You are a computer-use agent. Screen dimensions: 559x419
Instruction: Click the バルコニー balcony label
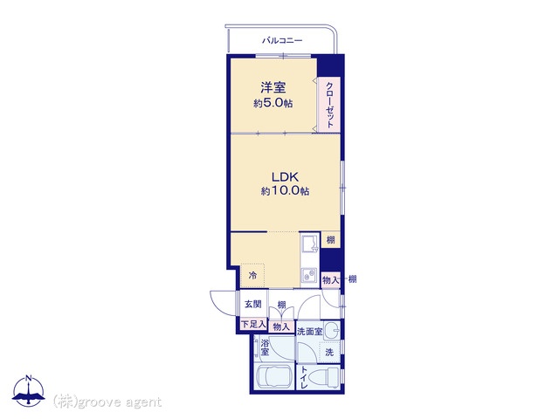[282, 40]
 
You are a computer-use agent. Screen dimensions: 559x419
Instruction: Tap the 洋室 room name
[273, 87]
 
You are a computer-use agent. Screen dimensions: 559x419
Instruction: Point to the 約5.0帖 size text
[273, 103]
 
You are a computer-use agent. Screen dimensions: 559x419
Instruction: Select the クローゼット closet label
[330, 105]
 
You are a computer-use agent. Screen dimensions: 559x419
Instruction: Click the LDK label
[285, 176]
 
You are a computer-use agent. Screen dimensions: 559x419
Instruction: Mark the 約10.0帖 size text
[285, 191]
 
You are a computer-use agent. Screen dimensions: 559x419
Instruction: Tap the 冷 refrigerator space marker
[252, 275]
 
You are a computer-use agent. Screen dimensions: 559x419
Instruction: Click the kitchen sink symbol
[309, 244]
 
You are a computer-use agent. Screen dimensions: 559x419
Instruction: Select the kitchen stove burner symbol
[309, 276]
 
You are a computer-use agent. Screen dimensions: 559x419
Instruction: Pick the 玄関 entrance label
[252, 304]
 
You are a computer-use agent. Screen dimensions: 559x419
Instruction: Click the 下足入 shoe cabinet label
[253, 324]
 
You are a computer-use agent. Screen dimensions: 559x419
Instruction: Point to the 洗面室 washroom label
[309, 332]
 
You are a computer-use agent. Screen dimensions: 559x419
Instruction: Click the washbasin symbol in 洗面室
[332, 330]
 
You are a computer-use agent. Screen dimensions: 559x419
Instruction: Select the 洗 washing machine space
[329, 352]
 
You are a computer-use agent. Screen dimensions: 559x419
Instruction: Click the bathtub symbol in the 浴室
[275, 377]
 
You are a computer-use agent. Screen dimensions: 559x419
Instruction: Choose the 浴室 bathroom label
[265, 347]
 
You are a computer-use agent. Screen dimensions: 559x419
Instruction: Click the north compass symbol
[29, 391]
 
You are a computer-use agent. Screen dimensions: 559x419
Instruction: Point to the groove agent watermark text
[107, 402]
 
